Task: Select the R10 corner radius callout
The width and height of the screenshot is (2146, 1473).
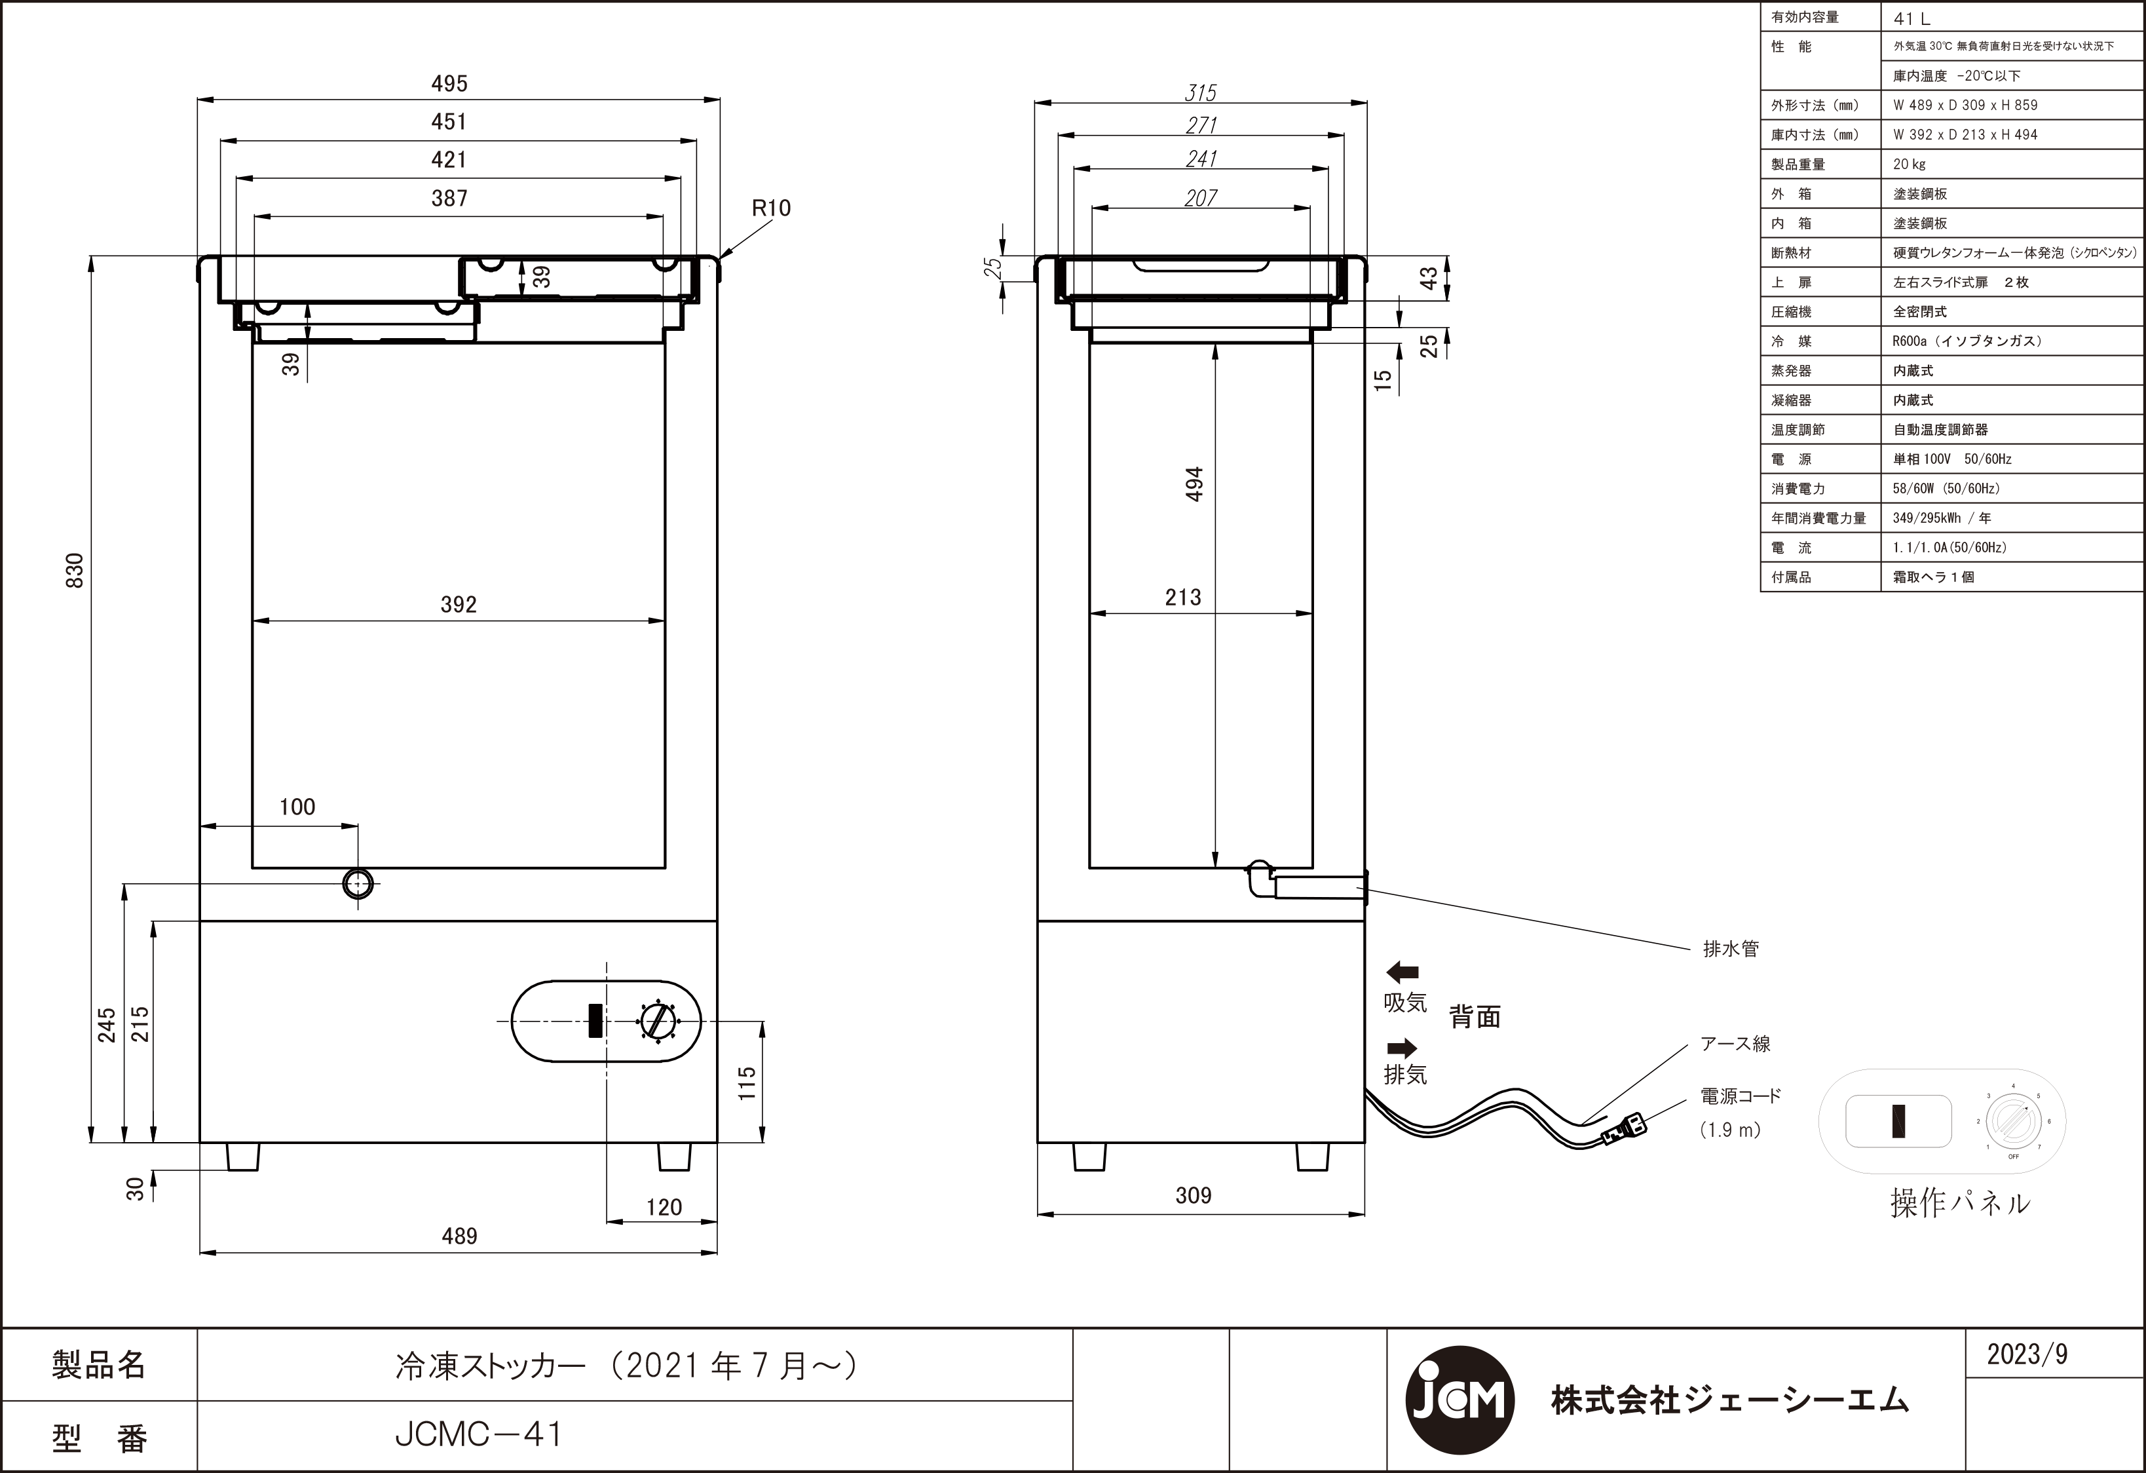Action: coord(770,209)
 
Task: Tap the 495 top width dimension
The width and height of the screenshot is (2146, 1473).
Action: coord(449,84)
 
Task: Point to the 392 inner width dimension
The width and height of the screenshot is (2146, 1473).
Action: coord(458,605)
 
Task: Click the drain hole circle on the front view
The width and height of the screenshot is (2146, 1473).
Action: coord(358,884)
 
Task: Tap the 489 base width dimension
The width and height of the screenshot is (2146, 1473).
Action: coord(459,1236)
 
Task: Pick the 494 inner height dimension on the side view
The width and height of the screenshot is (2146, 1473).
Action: coord(1195,484)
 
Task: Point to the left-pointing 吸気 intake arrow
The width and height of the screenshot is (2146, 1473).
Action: coord(1402,972)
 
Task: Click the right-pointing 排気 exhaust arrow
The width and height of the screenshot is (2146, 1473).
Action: coord(1402,1047)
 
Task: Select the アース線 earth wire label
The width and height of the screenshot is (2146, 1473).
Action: coord(1735,1044)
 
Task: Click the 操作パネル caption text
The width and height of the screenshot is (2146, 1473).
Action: coord(1959,1203)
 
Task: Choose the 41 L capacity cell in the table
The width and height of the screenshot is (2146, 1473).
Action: coord(1911,18)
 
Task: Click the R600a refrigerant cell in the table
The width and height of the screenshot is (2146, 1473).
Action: coord(1967,341)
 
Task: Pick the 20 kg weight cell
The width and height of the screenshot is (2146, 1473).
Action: coord(1909,164)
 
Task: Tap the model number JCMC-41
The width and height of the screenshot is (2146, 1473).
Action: coord(478,1434)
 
